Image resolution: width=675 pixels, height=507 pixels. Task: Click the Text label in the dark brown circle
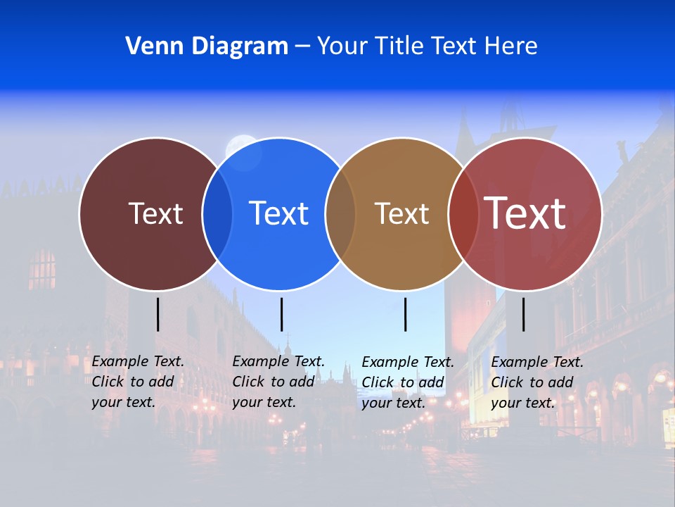point(155,213)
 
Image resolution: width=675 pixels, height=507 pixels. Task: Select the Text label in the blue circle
point(279,213)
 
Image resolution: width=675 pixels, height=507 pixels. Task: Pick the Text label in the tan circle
point(401,213)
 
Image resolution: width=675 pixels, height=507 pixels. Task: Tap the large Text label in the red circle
point(525,213)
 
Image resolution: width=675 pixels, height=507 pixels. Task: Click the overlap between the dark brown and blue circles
point(217,213)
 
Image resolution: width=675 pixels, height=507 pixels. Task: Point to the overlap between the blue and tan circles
point(340,213)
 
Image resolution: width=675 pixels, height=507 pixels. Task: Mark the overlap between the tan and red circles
point(463,213)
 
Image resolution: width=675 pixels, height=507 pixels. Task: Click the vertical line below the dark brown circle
point(157,314)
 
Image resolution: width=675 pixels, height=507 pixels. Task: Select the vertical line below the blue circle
point(281,314)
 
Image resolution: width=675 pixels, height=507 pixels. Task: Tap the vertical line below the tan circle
point(405,314)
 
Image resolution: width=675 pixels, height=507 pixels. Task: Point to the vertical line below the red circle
point(523,314)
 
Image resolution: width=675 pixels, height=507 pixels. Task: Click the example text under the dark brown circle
point(138,382)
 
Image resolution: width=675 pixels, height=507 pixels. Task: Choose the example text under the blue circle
point(278,382)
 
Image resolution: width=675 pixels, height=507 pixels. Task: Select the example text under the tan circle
point(408,382)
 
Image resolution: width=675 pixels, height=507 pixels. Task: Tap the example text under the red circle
point(537,382)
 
